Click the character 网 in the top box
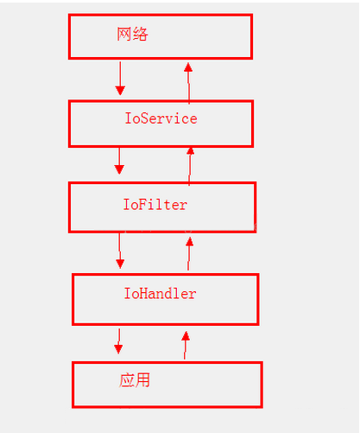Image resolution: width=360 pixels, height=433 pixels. (x=124, y=35)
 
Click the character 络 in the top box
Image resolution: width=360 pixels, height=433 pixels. (x=140, y=35)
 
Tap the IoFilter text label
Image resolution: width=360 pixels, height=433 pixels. (x=155, y=205)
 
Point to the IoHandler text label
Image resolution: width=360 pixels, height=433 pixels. (x=160, y=294)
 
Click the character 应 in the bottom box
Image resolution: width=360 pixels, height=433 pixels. (x=128, y=379)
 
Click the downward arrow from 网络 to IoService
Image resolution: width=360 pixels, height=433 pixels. (x=120, y=79)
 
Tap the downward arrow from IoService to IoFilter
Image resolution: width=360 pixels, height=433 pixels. (x=120, y=161)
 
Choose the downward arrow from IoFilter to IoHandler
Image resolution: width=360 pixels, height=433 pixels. (x=120, y=252)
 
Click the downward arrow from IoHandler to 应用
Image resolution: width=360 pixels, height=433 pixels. (x=119, y=341)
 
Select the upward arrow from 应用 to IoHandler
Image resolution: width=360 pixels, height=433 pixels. (x=184, y=343)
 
